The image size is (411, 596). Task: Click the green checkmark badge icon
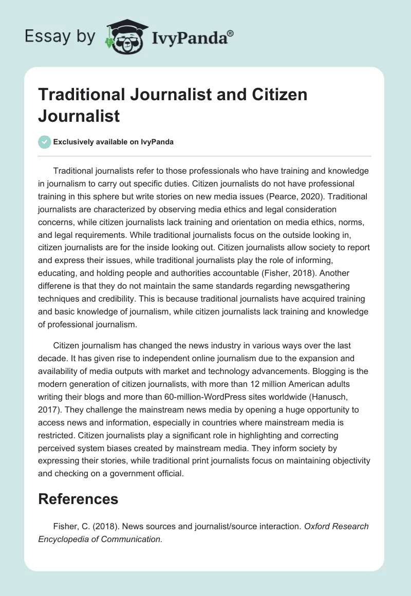(44, 142)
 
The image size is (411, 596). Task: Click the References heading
(78, 498)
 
